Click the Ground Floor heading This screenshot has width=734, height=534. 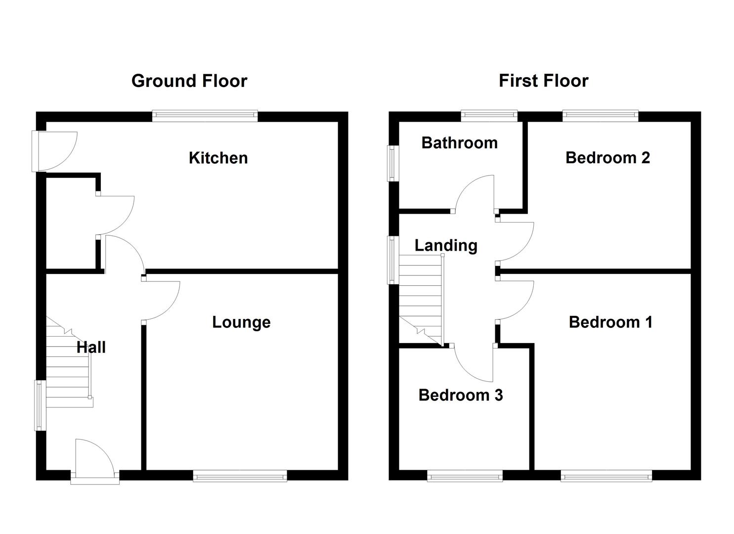point(189,81)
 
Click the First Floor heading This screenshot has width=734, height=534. point(543,81)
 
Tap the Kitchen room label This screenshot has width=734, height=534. point(218,158)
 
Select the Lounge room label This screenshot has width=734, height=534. point(241,322)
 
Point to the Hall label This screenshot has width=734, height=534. point(91,348)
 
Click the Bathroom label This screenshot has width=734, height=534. point(459,143)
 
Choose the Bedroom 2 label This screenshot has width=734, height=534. point(607,158)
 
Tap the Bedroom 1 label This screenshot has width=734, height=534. point(610,322)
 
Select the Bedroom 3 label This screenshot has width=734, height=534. point(460,395)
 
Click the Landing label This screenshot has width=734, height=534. point(446,245)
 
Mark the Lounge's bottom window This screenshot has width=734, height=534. point(240,477)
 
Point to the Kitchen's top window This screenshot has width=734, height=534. point(205,116)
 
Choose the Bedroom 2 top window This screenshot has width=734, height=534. point(600,116)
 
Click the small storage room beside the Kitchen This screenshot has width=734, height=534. point(71,222)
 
